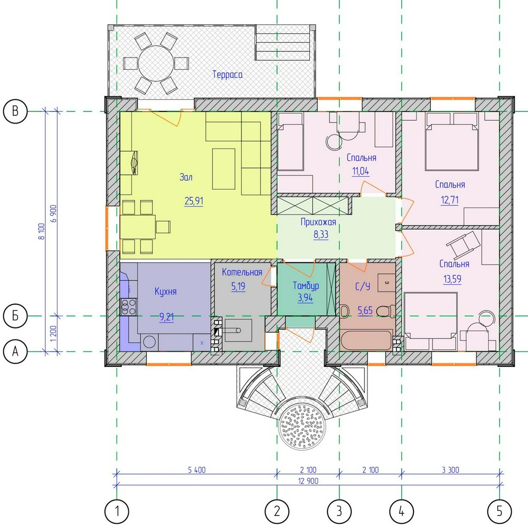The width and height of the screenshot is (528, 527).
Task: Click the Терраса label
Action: tap(227, 74)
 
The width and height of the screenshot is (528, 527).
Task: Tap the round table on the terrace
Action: tap(156, 63)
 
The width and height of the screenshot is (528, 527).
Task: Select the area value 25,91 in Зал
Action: tap(194, 201)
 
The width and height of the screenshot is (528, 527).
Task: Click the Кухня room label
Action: tap(165, 291)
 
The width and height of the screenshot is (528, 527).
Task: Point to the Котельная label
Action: tap(242, 272)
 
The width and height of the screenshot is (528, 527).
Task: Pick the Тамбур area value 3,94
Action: tap(305, 298)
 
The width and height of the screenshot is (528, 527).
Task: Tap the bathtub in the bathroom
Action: tap(367, 340)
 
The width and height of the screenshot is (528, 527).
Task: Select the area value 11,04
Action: tap(361, 171)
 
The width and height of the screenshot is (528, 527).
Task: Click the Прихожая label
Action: tap(318, 222)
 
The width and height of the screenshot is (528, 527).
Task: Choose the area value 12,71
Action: tap(450, 200)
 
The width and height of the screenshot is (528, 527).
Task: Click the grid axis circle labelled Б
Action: tap(15, 316)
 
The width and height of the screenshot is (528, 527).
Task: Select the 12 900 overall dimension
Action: tap(308, 481)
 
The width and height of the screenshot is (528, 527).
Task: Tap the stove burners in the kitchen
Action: tap(128, 306)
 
